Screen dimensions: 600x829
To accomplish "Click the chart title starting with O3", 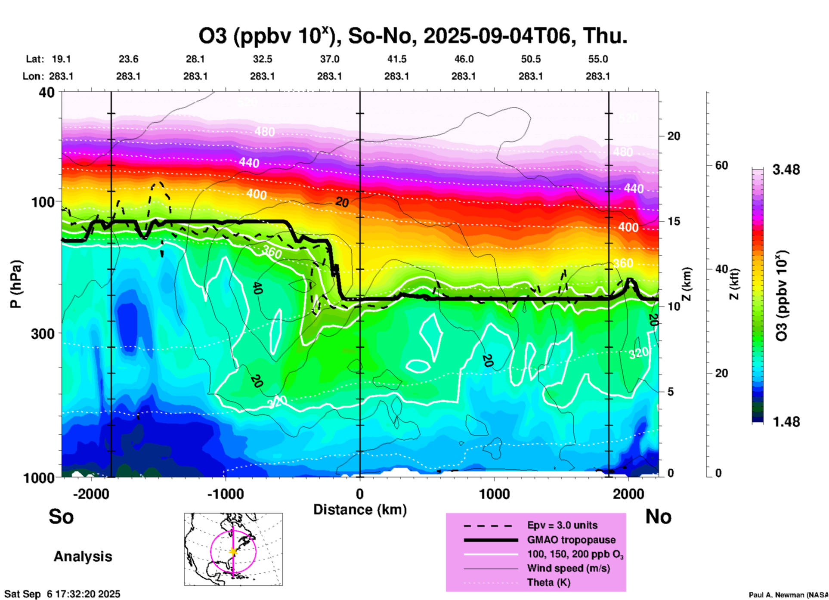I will [413, 35].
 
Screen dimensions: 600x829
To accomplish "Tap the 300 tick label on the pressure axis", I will [43, 334].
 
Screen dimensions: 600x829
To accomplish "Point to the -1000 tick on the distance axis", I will [226, 494].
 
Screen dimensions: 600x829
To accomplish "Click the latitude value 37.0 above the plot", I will [330, 59].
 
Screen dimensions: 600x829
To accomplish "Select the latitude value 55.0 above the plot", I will [598, 59].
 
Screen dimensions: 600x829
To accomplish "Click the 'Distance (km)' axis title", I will [360, 510].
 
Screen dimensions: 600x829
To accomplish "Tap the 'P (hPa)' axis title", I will [16, 284].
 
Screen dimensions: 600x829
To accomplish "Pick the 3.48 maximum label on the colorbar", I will [786, 170].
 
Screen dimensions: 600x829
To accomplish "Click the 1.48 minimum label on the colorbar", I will [786, 421].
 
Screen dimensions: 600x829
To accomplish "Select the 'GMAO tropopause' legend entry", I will [571, 540].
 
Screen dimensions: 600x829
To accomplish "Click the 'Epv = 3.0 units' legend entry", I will [562, 525].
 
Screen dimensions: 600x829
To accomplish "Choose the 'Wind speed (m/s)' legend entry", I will [568, 569].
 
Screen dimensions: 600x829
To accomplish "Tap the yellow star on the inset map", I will [233, 551].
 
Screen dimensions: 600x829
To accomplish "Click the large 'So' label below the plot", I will [61, 516].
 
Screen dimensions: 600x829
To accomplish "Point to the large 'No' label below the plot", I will [658, 516].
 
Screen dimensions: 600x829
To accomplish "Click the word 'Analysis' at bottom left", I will [83, 557].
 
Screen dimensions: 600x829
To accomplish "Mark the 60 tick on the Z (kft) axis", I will [721, 165].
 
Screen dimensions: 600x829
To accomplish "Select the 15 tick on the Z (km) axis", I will [674, 221].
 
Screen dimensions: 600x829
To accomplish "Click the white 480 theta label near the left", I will [264, 132].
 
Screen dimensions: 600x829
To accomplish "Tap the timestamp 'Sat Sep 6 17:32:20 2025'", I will [62, 594].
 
